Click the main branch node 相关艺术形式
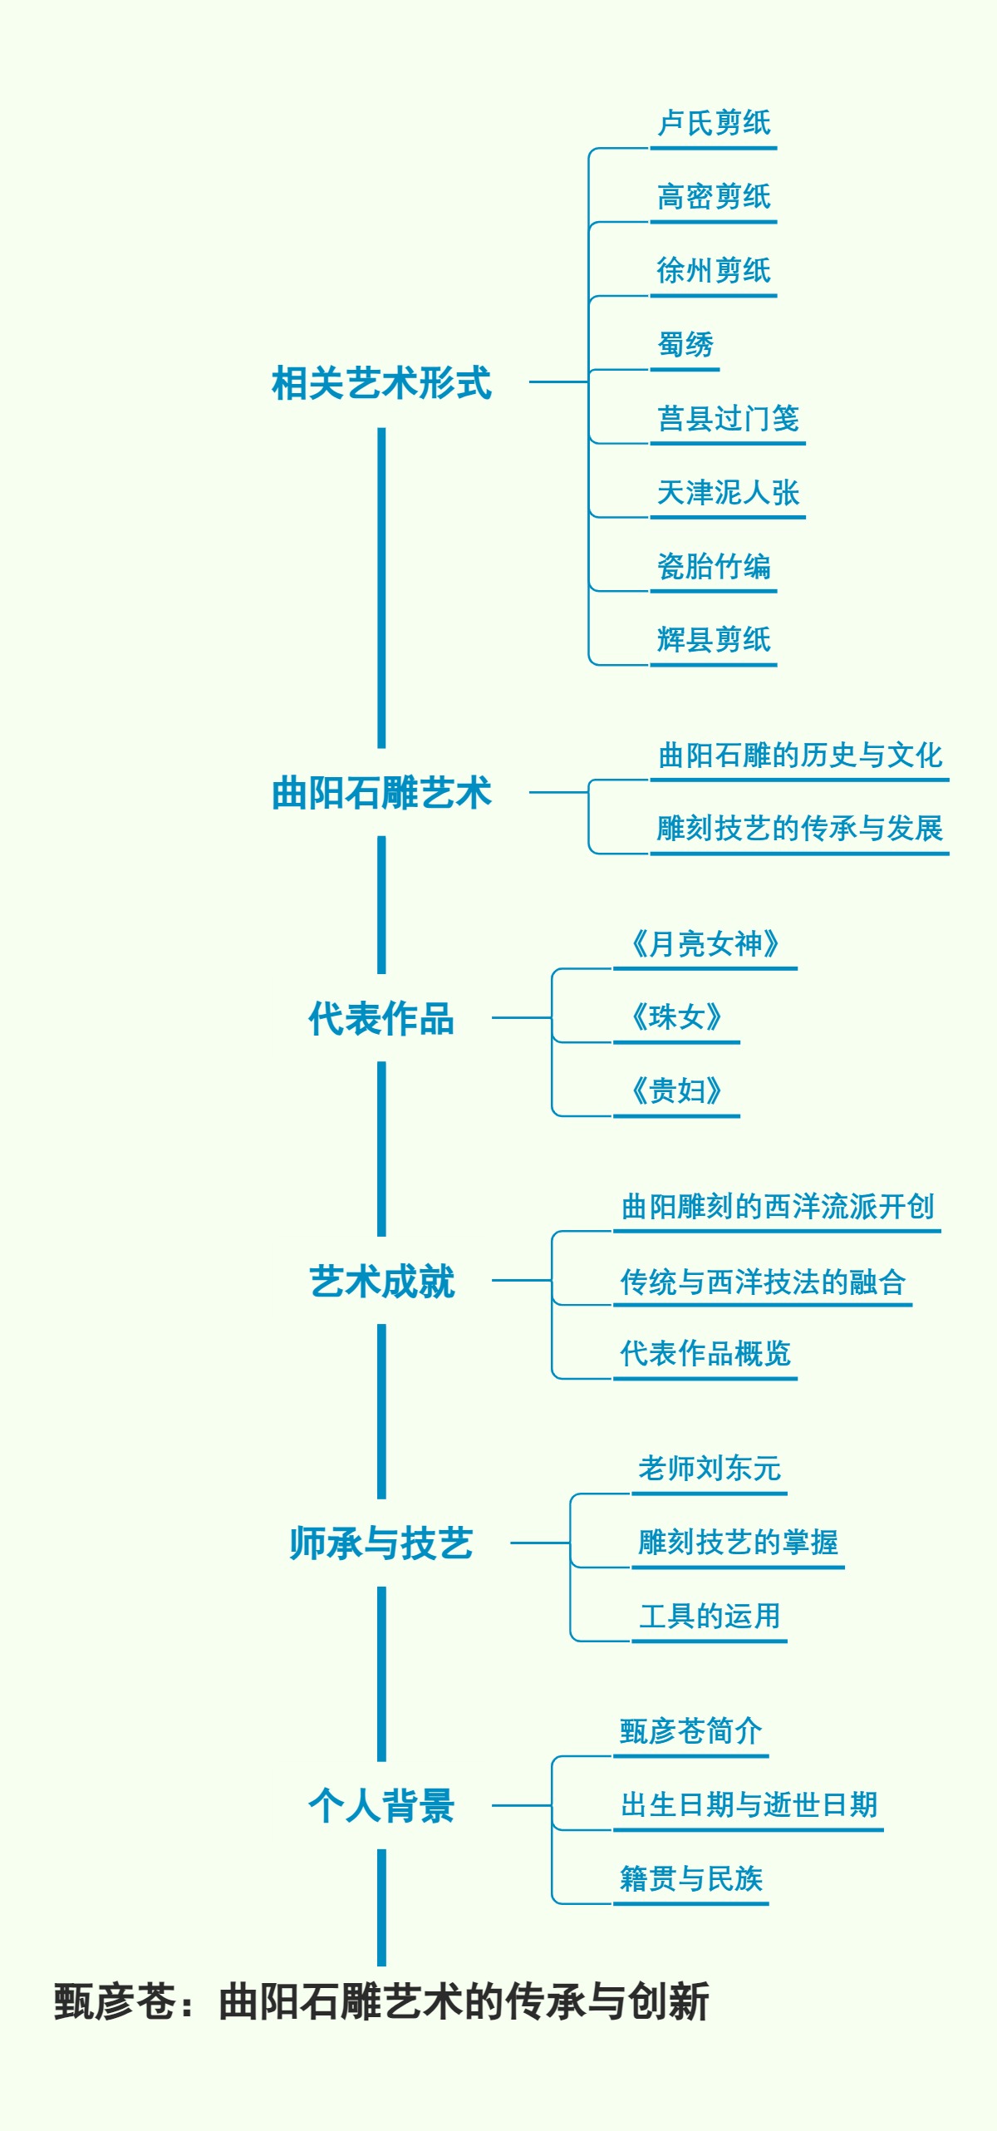381,383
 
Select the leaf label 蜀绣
685,344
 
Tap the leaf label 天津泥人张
728,492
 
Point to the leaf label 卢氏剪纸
714,123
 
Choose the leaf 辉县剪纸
714,639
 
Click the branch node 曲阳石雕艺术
381,793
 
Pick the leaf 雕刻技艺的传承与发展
799,828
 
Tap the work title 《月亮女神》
705,943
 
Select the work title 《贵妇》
676,1090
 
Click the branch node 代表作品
381,1018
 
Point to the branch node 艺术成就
381,1281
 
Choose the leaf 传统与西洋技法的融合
763,1281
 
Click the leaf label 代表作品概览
705,1353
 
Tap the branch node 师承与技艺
381,1543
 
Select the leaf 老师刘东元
710,1469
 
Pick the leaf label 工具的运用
710,1616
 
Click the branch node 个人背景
381,1806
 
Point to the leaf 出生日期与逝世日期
749,1804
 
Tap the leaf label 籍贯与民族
691,1878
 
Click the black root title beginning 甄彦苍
381,2001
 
